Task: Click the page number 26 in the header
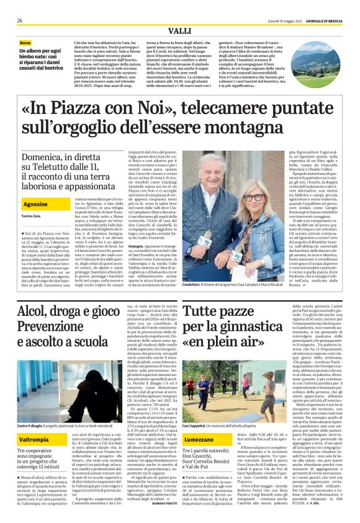(x=19, y=20)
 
